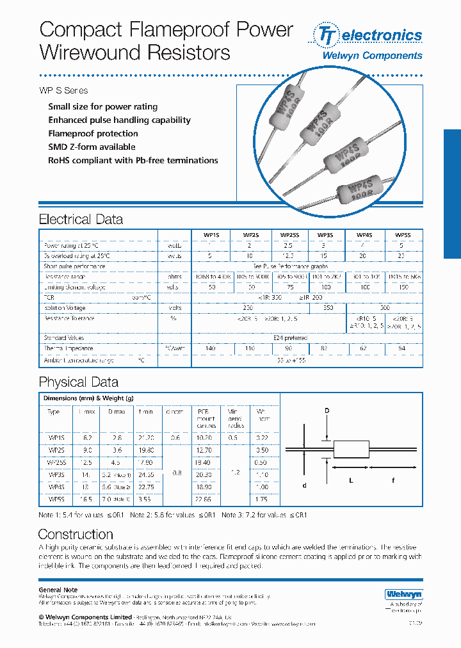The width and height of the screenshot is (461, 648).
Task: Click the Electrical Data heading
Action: pos(81,220)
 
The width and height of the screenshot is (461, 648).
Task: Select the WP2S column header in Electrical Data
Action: pos(251,235)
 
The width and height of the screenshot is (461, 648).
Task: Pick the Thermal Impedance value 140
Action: pos(210,348)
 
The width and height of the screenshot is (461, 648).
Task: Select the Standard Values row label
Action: pos(64,338)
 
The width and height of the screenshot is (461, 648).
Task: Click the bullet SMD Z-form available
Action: pos(92,147)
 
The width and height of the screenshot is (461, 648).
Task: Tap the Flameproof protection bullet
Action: pos(93,134)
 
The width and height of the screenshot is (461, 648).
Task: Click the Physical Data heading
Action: pos(79,382)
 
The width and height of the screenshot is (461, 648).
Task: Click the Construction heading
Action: pos(76,534)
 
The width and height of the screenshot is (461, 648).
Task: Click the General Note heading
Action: pos(58,590)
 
